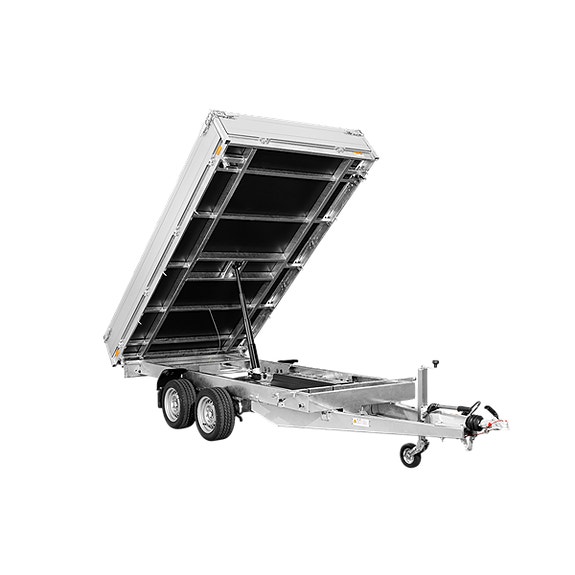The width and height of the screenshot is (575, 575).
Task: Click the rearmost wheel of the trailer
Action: pyautogui.click(x=177, y=403)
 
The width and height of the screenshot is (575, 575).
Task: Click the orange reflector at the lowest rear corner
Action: pyautogui.click(x=117, y=352)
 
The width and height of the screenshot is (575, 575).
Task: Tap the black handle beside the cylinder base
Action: pyautogui.click(x=286, y=362)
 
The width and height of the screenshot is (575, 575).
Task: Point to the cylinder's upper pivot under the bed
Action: pyautogui.click(x=234, y=268)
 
